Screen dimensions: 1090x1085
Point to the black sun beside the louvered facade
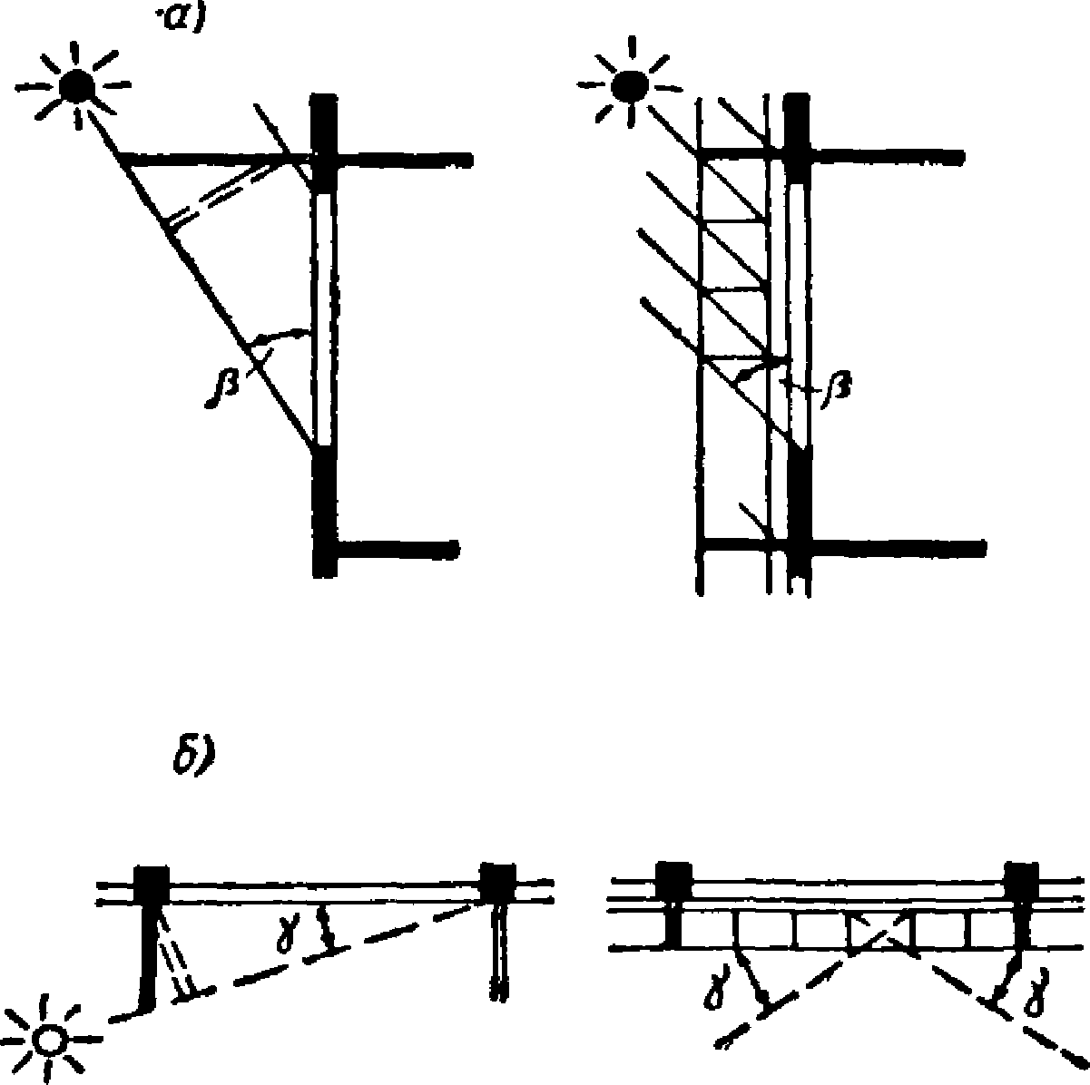628,85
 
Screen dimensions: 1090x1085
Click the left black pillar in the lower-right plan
673,879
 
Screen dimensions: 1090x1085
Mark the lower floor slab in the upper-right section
894,547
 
